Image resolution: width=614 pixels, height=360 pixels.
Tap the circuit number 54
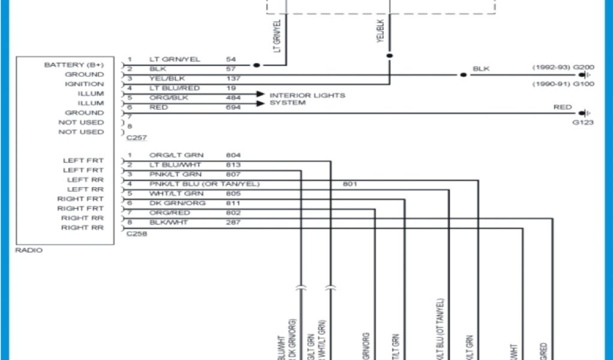(231, 59)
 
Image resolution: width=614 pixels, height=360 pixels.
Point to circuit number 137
(233, 79)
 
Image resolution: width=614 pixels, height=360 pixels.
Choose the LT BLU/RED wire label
(174, 88)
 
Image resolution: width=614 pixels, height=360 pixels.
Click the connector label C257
(137, 137)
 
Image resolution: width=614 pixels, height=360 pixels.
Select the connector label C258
(137, 233)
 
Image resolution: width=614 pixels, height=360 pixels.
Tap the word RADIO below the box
(29, 250)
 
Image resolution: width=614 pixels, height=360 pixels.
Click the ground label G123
(583, 122)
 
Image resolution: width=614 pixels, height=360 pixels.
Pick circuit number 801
(350, 184)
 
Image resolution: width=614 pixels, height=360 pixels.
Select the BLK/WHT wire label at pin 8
(168, 223)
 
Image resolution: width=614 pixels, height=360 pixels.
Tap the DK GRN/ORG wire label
(177, 203)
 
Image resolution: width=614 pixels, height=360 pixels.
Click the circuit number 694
(233, 107)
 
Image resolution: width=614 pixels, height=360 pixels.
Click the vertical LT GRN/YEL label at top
(278, 35)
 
